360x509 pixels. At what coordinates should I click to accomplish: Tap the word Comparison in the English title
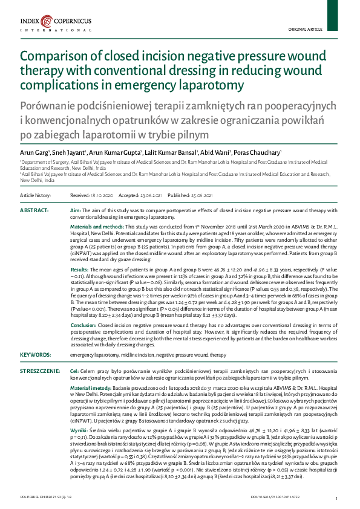53,57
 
